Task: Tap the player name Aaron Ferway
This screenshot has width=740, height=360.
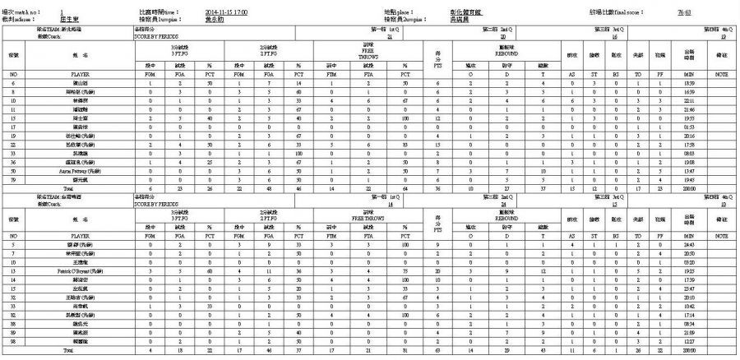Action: (80, 170)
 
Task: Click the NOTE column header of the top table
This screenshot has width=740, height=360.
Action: (722, 74)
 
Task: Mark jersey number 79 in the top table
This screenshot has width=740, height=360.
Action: (13, 178)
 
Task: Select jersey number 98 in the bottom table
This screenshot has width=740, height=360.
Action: (13, 339)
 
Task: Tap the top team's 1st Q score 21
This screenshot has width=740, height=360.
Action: (389, 37)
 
